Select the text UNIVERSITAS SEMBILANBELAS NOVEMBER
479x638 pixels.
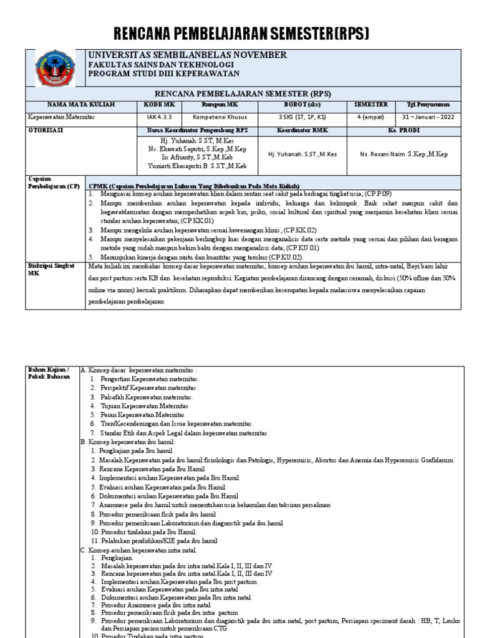(188, 55)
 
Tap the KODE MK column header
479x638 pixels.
(161, 105)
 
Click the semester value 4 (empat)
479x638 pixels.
(370, 117)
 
